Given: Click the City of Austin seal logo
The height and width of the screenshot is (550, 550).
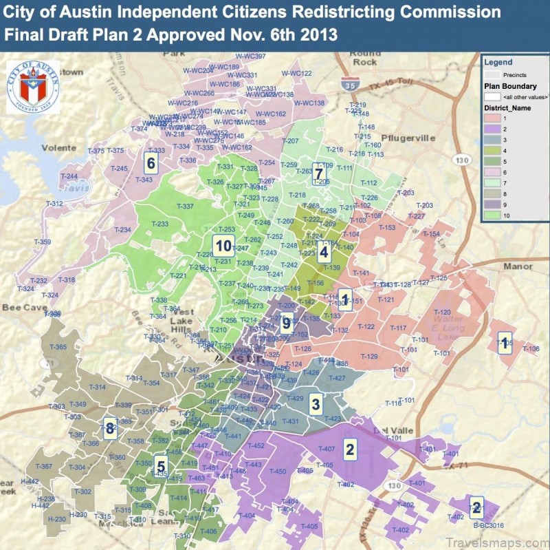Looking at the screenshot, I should click(x=32, y=87).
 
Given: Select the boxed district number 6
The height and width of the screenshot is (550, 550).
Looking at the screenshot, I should click(x=150, y=162).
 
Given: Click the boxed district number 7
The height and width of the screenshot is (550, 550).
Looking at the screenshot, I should click(x=318, y=172).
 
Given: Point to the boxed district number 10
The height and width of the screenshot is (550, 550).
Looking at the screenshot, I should click(x=222, y=246).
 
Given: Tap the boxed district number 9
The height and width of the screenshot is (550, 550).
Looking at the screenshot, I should click(x=287, y=321).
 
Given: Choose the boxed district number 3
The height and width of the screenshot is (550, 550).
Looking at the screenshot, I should click(x=315, y=403).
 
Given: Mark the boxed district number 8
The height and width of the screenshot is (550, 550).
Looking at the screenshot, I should click(x=109, y=428).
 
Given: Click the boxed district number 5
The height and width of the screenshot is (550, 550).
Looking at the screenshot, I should click(x=160, y=463).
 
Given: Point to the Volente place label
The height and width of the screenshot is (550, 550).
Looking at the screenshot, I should click(x=59, y=147).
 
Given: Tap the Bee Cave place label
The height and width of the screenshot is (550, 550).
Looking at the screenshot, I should click(x=22, y=307).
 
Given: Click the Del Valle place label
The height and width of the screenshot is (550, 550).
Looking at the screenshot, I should click(x=393, y=430).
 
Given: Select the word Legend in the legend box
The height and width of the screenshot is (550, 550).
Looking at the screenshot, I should click(x=498, y=62).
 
